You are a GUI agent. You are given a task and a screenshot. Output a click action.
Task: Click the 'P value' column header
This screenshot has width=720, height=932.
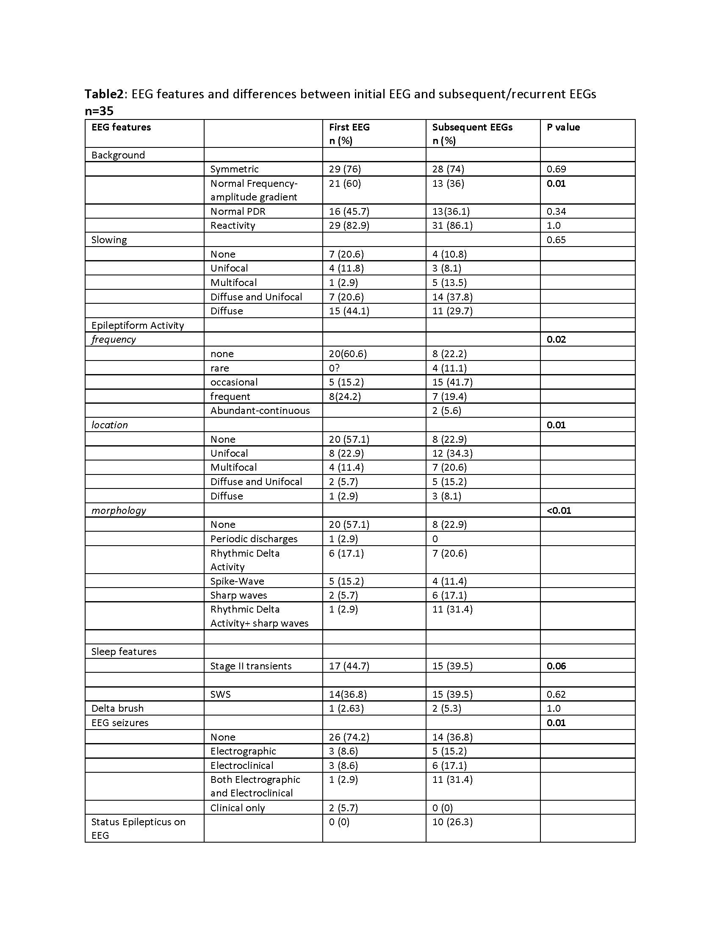[x=563, y=127]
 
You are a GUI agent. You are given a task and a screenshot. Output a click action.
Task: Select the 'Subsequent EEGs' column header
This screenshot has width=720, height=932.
[x=472, y=127]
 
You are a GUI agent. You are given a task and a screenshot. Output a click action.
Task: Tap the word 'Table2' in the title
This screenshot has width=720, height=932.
[x=104, y=94]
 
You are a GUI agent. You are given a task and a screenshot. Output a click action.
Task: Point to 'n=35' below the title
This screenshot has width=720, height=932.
[x=99, y=111]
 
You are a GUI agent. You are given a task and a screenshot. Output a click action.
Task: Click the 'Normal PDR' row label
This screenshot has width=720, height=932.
[x=238, y=211]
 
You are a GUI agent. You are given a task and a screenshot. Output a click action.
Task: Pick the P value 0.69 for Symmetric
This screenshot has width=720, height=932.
[x=556, y=169]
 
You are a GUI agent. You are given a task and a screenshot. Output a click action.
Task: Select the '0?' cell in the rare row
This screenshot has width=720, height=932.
[x=334, y=368]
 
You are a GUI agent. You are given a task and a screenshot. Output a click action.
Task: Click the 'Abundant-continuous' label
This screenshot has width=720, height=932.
[x=260, y=411]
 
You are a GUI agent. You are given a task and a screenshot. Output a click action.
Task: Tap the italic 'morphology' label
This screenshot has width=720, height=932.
[x=119, y=510]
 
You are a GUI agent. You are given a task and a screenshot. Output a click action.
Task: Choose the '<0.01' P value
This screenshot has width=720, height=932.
[x=558, y=510]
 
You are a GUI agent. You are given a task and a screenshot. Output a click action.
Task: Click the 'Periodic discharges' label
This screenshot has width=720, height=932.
[x=254, y=538]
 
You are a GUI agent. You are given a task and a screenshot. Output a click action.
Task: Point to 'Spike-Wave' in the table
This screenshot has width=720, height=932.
[x=237, y=581]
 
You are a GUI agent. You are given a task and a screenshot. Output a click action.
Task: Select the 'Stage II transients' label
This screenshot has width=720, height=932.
[x=251, y=666]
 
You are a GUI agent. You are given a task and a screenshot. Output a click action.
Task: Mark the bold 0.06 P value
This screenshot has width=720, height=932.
[x=556, y=666]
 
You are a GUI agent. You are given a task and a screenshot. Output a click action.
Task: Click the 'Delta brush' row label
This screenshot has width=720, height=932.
[x=117, y=708]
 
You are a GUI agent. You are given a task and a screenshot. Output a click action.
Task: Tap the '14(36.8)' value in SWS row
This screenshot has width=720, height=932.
[x=348, y=694]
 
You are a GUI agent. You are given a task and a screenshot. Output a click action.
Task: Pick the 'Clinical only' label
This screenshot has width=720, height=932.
[x=238, y=808]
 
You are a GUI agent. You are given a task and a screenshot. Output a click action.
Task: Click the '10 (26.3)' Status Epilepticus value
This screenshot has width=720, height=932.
[x=452, y=822]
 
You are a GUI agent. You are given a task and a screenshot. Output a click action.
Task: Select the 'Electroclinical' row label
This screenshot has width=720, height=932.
[x=242, y=765]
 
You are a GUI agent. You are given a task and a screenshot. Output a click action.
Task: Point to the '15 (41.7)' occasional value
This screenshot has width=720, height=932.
[x=452, y=382]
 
